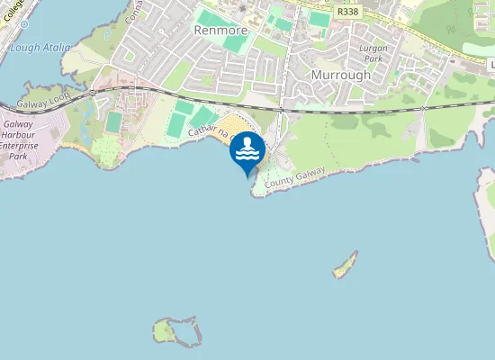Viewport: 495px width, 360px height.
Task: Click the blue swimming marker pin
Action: [247, 154]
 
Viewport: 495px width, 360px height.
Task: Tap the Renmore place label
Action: [220, 29]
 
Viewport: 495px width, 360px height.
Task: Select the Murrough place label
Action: [340, 76]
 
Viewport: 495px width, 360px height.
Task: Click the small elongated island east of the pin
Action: [345, 265]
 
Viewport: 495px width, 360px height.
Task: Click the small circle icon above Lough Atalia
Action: [24, 26]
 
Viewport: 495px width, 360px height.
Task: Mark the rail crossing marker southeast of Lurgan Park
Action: [423, 108]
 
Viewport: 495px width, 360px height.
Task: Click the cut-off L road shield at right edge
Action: [491, 66]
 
